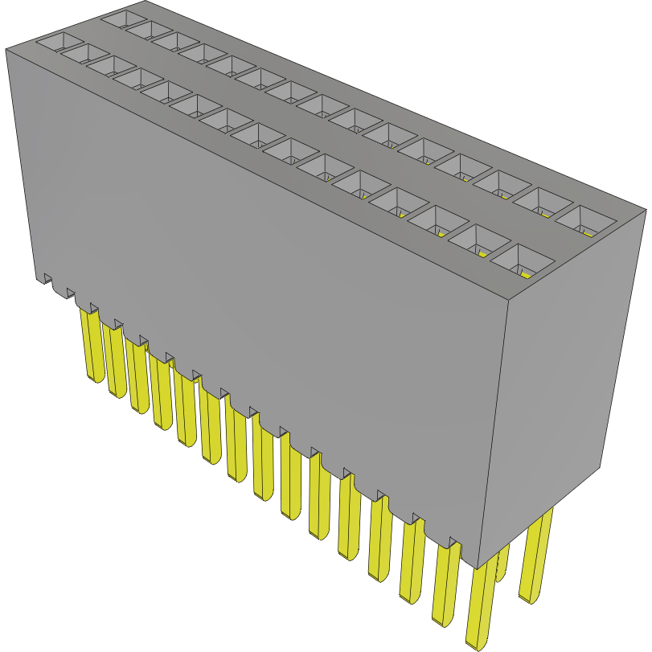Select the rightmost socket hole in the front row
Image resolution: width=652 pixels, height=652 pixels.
pos(523,260)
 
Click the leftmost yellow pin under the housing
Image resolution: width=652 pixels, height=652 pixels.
pos(91,346)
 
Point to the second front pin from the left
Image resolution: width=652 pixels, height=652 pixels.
pos(114,362)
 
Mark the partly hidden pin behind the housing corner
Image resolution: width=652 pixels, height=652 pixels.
pos(502,563)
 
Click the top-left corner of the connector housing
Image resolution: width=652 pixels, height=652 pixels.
pos(6,50)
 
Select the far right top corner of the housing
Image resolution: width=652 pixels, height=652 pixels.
pos(646,210)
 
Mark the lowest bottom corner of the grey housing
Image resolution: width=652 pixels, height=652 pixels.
pos(478,568)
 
